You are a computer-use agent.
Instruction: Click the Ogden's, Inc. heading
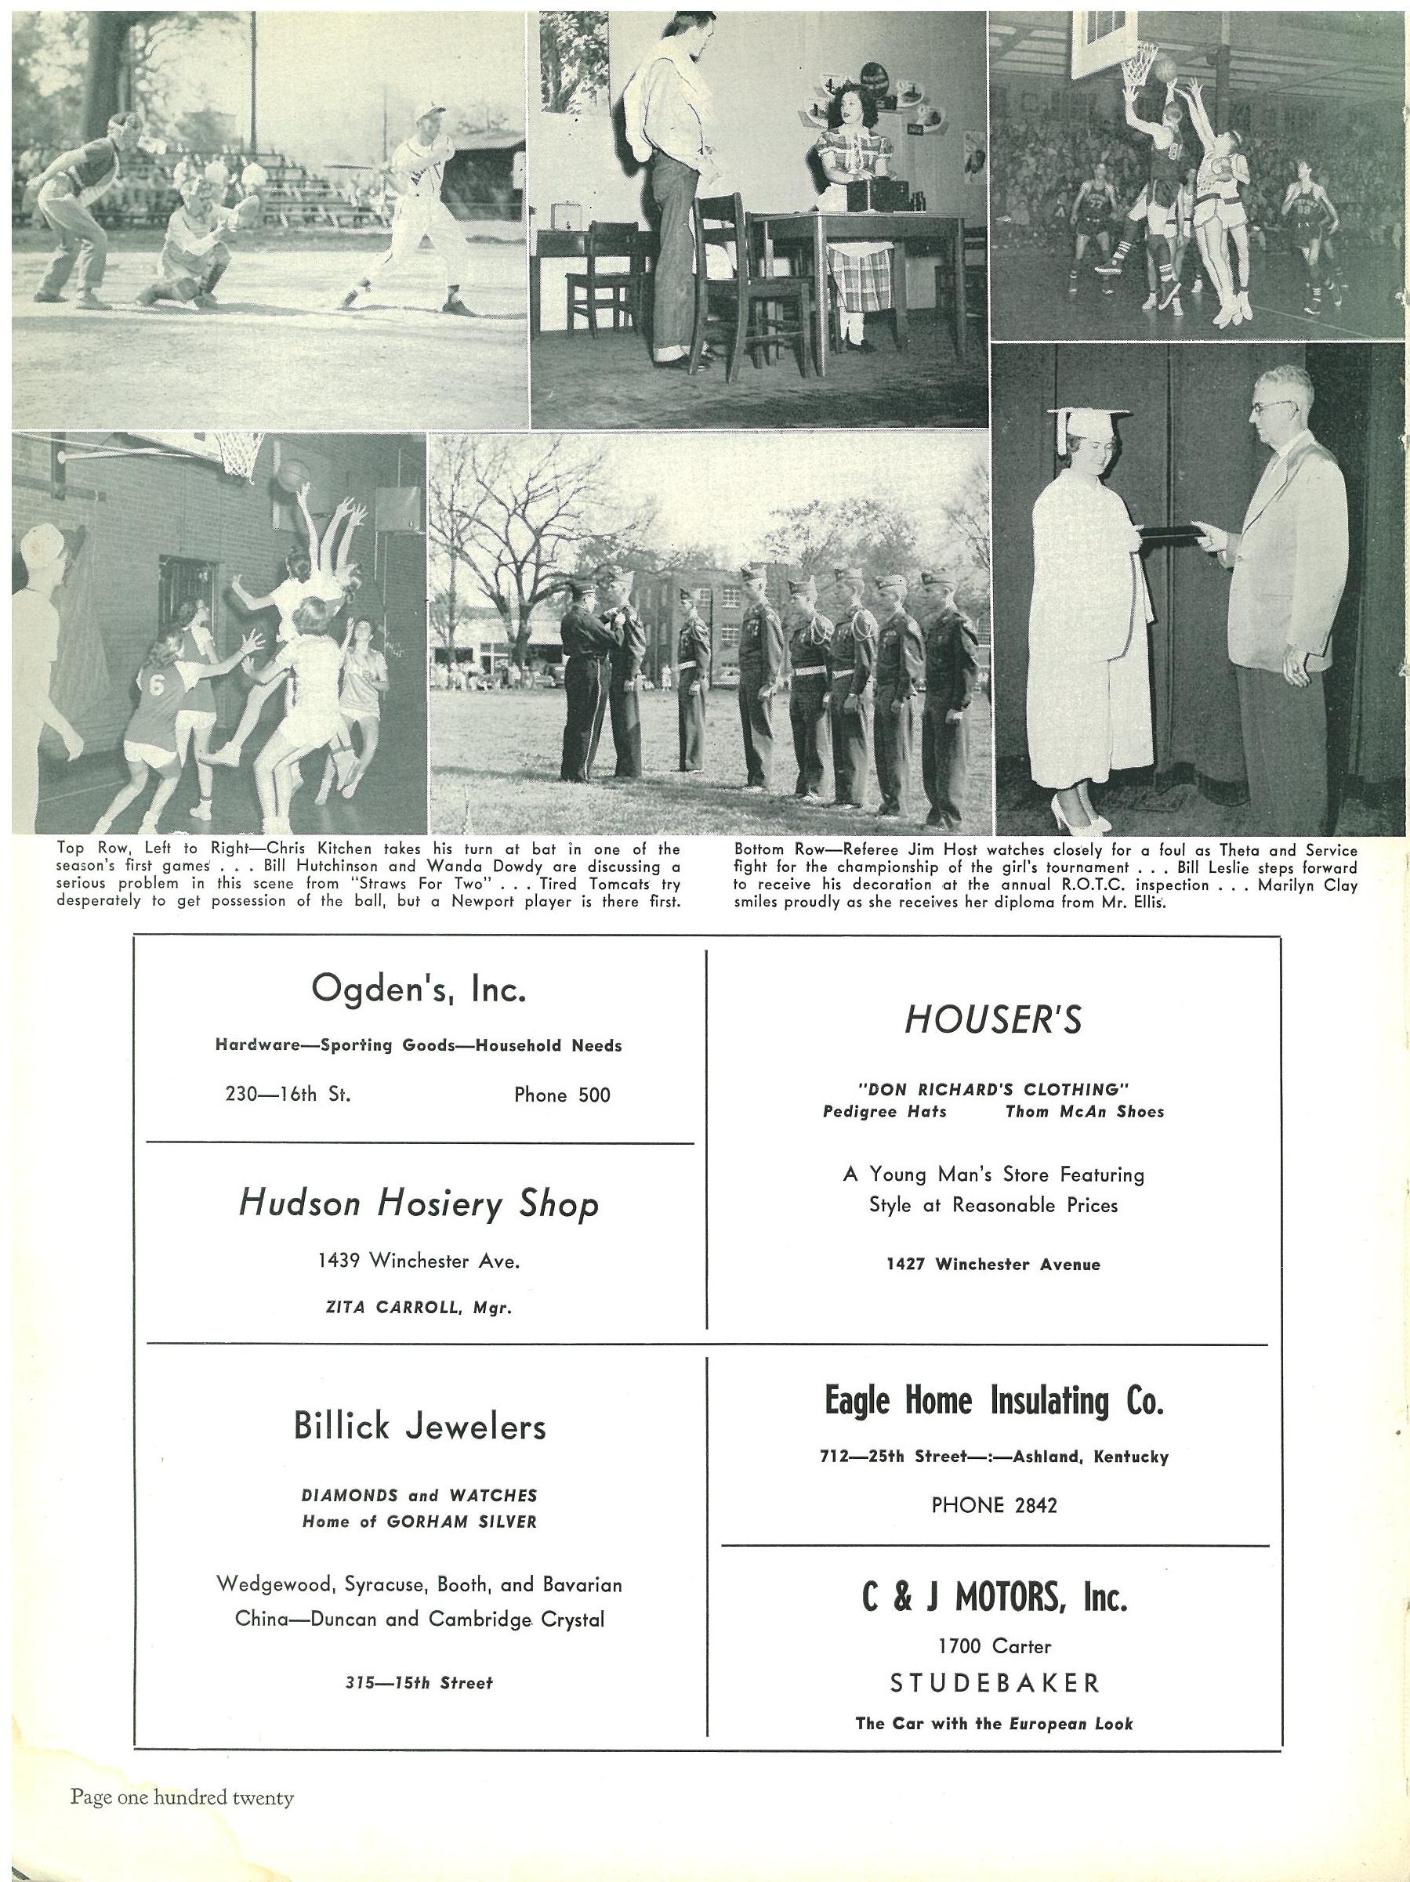(x=418, y=989)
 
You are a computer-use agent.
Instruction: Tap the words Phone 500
(x=562, y=1095)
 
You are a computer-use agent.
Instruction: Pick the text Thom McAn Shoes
(x=1084, y=1111)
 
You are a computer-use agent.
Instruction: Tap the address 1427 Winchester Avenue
(x=993, y=1265)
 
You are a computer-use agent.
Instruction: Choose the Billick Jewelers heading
(x=419, y=1427)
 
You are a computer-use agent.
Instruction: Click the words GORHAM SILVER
(x=461, y=1522)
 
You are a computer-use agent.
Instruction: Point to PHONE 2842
(x=994, y=1505)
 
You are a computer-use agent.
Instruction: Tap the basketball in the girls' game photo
(x=292, y=473)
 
